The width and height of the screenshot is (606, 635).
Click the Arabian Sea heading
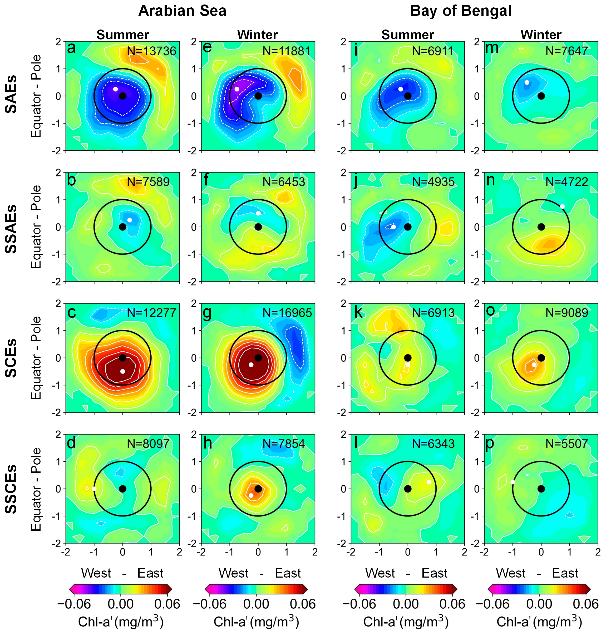(x=182, y=11)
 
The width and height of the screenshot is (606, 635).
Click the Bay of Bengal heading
(x=461, y=11)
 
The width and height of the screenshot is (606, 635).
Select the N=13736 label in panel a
(x=151, y=51)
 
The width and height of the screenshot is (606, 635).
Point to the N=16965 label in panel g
(x=287, y=313)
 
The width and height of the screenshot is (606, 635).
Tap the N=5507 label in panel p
(x=566, y=444)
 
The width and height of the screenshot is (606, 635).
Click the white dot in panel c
(x=122, y=371)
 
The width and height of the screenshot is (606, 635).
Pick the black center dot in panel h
(x=258, y=489)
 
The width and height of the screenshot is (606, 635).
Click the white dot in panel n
(x=562, y=206)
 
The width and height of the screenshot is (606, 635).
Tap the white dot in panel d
(x=94, y=489)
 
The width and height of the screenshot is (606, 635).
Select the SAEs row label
(x=11, y=94)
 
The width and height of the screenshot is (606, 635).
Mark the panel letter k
(x=358, y=312)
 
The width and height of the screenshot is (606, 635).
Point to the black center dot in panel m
(x=541, y=96)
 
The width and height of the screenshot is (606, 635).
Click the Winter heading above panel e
(x=258, y=35)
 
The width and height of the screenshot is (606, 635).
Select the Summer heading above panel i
(x=407, y=35)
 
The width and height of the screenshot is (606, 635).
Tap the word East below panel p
(x=565, y=573)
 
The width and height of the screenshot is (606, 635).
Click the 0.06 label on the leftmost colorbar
(x=167, y=604)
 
